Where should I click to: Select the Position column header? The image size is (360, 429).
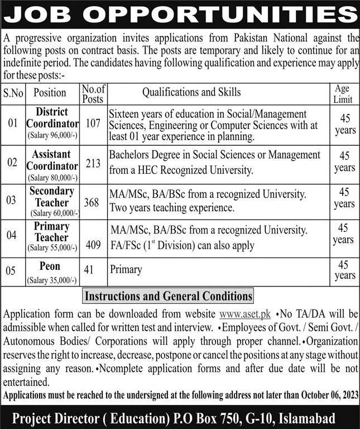point(50,93)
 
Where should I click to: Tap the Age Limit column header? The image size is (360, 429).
point(342,94)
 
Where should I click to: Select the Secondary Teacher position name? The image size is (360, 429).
point(52,196)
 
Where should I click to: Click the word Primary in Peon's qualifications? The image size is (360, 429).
point(126,270)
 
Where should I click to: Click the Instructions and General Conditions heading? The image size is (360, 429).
point(167,295)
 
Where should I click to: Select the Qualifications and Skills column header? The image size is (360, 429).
point(191,92)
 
